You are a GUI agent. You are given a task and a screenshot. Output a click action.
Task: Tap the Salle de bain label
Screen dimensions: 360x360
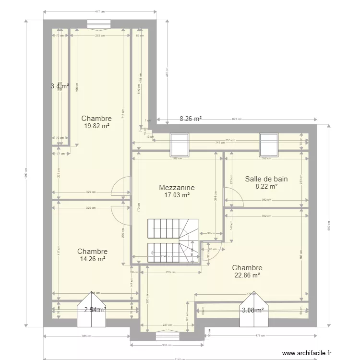(266, 179)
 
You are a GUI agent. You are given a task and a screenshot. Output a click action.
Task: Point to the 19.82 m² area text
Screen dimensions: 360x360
(96, 126)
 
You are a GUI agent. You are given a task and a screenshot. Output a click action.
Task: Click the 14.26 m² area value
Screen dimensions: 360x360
(92, 259)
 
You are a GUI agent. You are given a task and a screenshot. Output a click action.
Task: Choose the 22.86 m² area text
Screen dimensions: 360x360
(247, 276)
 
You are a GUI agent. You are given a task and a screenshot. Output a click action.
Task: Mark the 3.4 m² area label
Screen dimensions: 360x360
(60, 86)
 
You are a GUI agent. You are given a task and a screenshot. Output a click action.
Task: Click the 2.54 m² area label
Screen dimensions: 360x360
(95, 310)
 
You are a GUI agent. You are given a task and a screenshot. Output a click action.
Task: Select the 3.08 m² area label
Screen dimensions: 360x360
(253, 310)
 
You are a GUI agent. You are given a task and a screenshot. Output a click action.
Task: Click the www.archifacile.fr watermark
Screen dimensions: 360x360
(307, 353)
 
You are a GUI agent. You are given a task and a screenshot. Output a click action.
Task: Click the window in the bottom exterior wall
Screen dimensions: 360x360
(164, 336)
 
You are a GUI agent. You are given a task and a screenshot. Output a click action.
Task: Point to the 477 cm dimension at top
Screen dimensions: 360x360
(100, 11)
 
